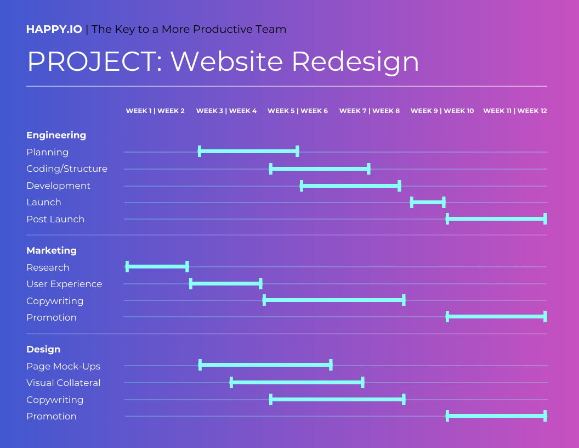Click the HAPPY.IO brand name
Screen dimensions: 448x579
(x=54, y=30)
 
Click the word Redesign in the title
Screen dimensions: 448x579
(x=355, y=61)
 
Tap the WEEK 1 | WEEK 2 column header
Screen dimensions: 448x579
(x=155, y=111)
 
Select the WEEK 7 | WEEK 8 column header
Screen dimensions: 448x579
(x=370, y=111)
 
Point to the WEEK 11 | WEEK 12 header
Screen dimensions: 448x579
(x=515, y=111)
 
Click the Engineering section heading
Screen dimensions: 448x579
(x=56, y=135)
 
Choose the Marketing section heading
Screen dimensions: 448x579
(x=52, y=250)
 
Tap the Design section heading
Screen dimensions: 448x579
(x=43, y=349)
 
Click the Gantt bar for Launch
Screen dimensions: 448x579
(x=428, y=202)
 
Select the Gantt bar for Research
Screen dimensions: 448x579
(x=157, y=267)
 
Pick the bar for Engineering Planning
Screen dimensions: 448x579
(x=248, y=151)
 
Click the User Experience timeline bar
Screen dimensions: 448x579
(x=225, y=283)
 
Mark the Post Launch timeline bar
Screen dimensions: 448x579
(x=496, y=219)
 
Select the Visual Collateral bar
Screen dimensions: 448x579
(x=297, y=382)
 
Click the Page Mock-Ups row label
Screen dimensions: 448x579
(x=63, y=366)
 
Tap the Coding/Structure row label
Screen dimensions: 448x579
(x=67, y=169)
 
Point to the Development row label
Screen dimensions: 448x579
(x=58, y=186)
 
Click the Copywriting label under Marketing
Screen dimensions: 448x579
(x=55, y=301)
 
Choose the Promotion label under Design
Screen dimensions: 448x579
(x=52, y=416)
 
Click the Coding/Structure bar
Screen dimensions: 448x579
(x=320, y=169)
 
